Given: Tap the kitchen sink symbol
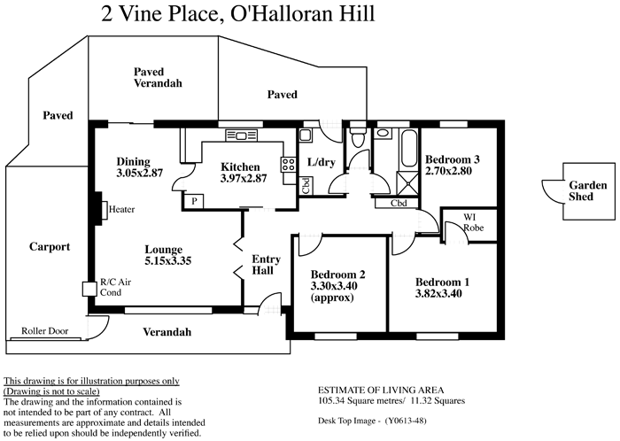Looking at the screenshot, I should (x=239, y=135).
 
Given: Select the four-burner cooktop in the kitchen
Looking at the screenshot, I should (x=288, y=164).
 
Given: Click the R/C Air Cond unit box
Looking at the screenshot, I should (x=88, y=288).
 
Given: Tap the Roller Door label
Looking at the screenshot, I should (x=45, y=331).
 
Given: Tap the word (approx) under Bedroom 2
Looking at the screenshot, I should (x=332, y=298).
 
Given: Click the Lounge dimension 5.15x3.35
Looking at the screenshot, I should (x=168, y=260).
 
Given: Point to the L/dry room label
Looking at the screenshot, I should (x=319, y=163).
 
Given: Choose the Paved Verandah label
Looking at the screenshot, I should (x=158, y=77).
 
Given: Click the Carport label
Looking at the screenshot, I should (x=49, y=247).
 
